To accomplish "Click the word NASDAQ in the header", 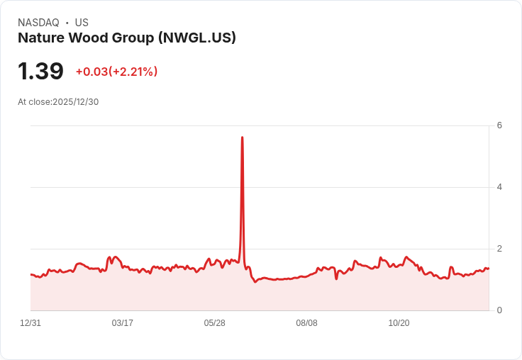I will [x=38, y=23].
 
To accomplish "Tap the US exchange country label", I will [x=82, y=23].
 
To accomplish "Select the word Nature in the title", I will [x=41, y=38].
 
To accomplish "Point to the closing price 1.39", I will [x=40, y=72].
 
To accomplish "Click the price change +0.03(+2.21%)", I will [x=116, y=72].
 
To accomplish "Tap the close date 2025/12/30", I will [x=76, y=102].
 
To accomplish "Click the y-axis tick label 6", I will [x=499, y=125].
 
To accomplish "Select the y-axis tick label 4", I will [x=499, y=187].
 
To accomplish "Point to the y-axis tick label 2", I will [x=499, y=249].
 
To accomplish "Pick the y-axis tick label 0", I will [x=499, y=310].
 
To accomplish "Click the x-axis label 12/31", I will [x=30, y=323].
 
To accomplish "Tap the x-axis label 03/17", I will [x=123, y=323].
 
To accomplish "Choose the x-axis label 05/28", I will [x=215, y=323].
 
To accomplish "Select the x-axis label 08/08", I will [x=307, y=323].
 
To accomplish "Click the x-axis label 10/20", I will [x=399, y=323].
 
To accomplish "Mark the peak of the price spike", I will [x=243, y=137].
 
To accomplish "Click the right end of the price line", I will [x=489, y=268].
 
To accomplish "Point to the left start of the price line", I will [x=31, y=274].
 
